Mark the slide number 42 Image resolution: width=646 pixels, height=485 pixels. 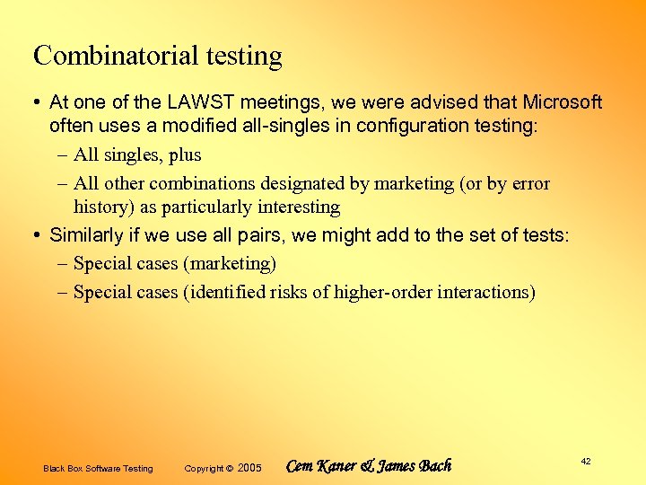point(586,461)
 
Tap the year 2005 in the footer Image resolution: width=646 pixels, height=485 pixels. point(250,468)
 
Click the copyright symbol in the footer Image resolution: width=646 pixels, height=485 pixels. point(229,468)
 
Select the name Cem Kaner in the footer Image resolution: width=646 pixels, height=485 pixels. point(320,466)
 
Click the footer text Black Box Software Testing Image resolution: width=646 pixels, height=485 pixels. point(98,469)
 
